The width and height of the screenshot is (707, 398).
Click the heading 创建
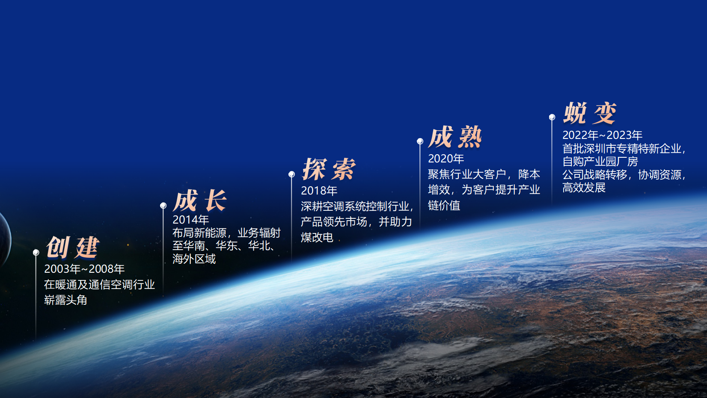(73, 247)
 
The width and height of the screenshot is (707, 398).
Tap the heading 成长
(200, 200)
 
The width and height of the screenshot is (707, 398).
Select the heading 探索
(329, 169)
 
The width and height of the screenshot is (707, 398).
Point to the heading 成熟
(455, 137)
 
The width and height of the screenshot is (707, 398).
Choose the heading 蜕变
(590, 113)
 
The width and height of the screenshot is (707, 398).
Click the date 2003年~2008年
(84, 269)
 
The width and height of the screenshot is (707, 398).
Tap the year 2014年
(190, 220)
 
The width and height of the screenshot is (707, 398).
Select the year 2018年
(319, 191)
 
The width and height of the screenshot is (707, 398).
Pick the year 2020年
(446, 159)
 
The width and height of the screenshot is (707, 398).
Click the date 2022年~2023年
(602, 135)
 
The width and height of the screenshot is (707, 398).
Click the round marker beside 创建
(36, 252)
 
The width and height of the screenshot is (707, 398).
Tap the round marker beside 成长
(163, 206)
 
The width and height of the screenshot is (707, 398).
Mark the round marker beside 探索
(291, 174)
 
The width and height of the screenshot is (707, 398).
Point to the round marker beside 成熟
(420, 141)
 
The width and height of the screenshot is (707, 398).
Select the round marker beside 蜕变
(552, 117)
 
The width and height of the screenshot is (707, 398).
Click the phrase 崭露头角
(65, 300)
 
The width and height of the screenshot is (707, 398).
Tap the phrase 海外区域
(194, 259)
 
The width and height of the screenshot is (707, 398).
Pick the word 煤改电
(317, 238)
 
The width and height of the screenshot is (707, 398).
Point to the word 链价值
(444, 205)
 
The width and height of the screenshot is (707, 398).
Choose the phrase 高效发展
(584, 188)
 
